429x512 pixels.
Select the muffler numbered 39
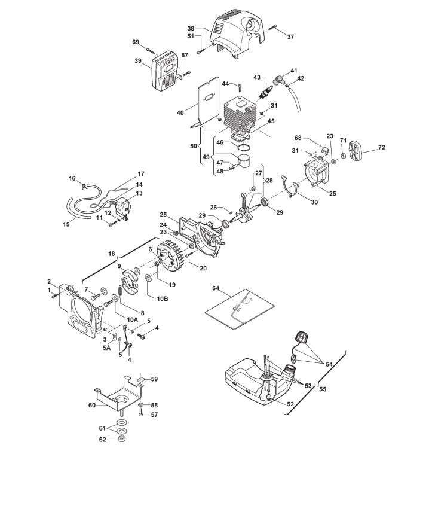[166, 71]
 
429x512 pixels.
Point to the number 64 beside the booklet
[216, 289]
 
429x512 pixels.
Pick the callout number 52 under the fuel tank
[290, 404]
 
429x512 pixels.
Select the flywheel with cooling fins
[173, 258]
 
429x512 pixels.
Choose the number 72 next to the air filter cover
[381, 147]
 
